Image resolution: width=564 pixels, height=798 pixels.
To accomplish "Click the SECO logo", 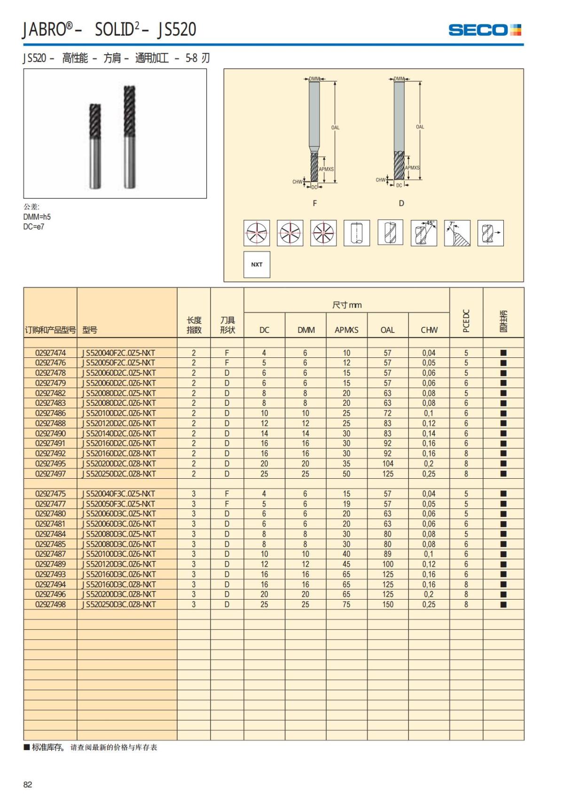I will coord(485,30).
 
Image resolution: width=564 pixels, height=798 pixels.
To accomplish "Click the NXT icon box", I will coord(257,265).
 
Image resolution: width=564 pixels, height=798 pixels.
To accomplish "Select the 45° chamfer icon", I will coord(423,233).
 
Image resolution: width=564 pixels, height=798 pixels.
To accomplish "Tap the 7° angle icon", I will coord(457,233).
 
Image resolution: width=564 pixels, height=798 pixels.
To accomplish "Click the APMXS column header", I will coord(346,330).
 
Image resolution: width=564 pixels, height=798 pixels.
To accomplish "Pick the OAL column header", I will coord(387,330).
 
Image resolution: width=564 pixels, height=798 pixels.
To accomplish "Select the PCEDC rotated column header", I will coord(466,321).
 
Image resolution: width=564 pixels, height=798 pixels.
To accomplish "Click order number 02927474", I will coord(50,353).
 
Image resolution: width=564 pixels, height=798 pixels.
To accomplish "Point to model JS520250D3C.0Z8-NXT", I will coord(118,604).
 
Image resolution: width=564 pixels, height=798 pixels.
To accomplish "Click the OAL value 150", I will coord(388,604).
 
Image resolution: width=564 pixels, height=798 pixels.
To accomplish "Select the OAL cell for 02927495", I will coord(388,464).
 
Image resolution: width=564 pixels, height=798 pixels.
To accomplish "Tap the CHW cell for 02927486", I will coord(429,413).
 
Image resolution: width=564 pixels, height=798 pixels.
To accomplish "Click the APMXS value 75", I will coord(346,604).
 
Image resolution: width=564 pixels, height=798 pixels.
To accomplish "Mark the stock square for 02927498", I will coord(503,605).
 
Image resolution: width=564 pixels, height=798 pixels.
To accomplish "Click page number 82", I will coord(28,784).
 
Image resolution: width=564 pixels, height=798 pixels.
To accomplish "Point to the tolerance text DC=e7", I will coord(34,227).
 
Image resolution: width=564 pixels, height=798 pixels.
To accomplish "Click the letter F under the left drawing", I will coord(315,203).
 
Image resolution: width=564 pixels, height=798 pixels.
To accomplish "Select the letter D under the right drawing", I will coord(401,203).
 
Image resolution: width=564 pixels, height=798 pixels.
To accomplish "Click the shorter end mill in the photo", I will coord(95,146).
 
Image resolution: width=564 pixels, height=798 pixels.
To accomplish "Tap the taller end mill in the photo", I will coord(130,136).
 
